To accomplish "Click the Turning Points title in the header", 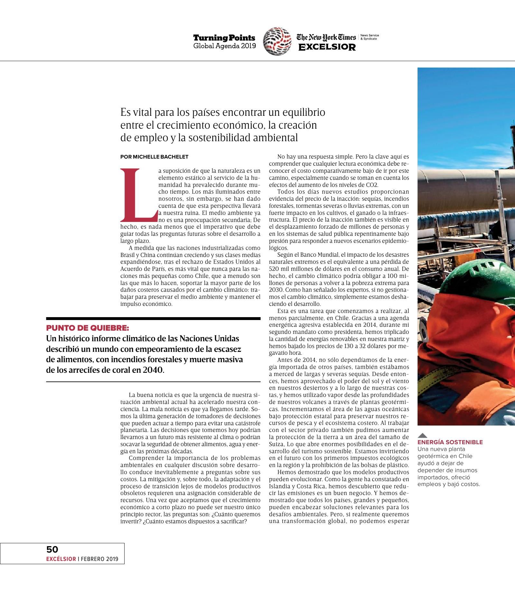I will point(224,38).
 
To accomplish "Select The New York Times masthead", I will point(326,37).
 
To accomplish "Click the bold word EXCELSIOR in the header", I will point(327,47).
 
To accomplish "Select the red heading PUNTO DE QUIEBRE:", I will point(88,328).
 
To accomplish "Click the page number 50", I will point(52,549).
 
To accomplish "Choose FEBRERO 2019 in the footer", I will point(99,559).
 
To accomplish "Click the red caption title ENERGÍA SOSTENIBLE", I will point(450,442).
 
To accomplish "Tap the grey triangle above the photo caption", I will point(422,435).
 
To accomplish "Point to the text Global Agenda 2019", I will point(224,46).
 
